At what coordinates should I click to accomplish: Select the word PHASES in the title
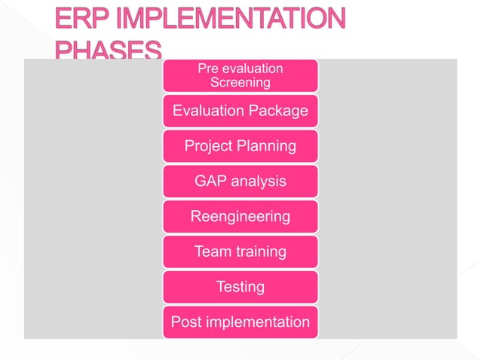[109, 51]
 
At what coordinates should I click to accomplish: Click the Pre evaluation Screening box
[240, 75]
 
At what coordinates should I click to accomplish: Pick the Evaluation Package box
[240, 111]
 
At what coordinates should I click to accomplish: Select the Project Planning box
[240, 146]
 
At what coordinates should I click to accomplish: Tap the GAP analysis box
[240, 182]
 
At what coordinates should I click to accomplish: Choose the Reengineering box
[240, 217]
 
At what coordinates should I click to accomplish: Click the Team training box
[240, 252]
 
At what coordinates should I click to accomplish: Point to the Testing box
[240, 287]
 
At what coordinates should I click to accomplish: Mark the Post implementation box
[240, 322]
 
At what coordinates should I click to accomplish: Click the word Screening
[240, 82]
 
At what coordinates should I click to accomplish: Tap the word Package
[275, 111]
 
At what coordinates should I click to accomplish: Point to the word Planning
[265, 146]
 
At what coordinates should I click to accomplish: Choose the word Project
[207, 146]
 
